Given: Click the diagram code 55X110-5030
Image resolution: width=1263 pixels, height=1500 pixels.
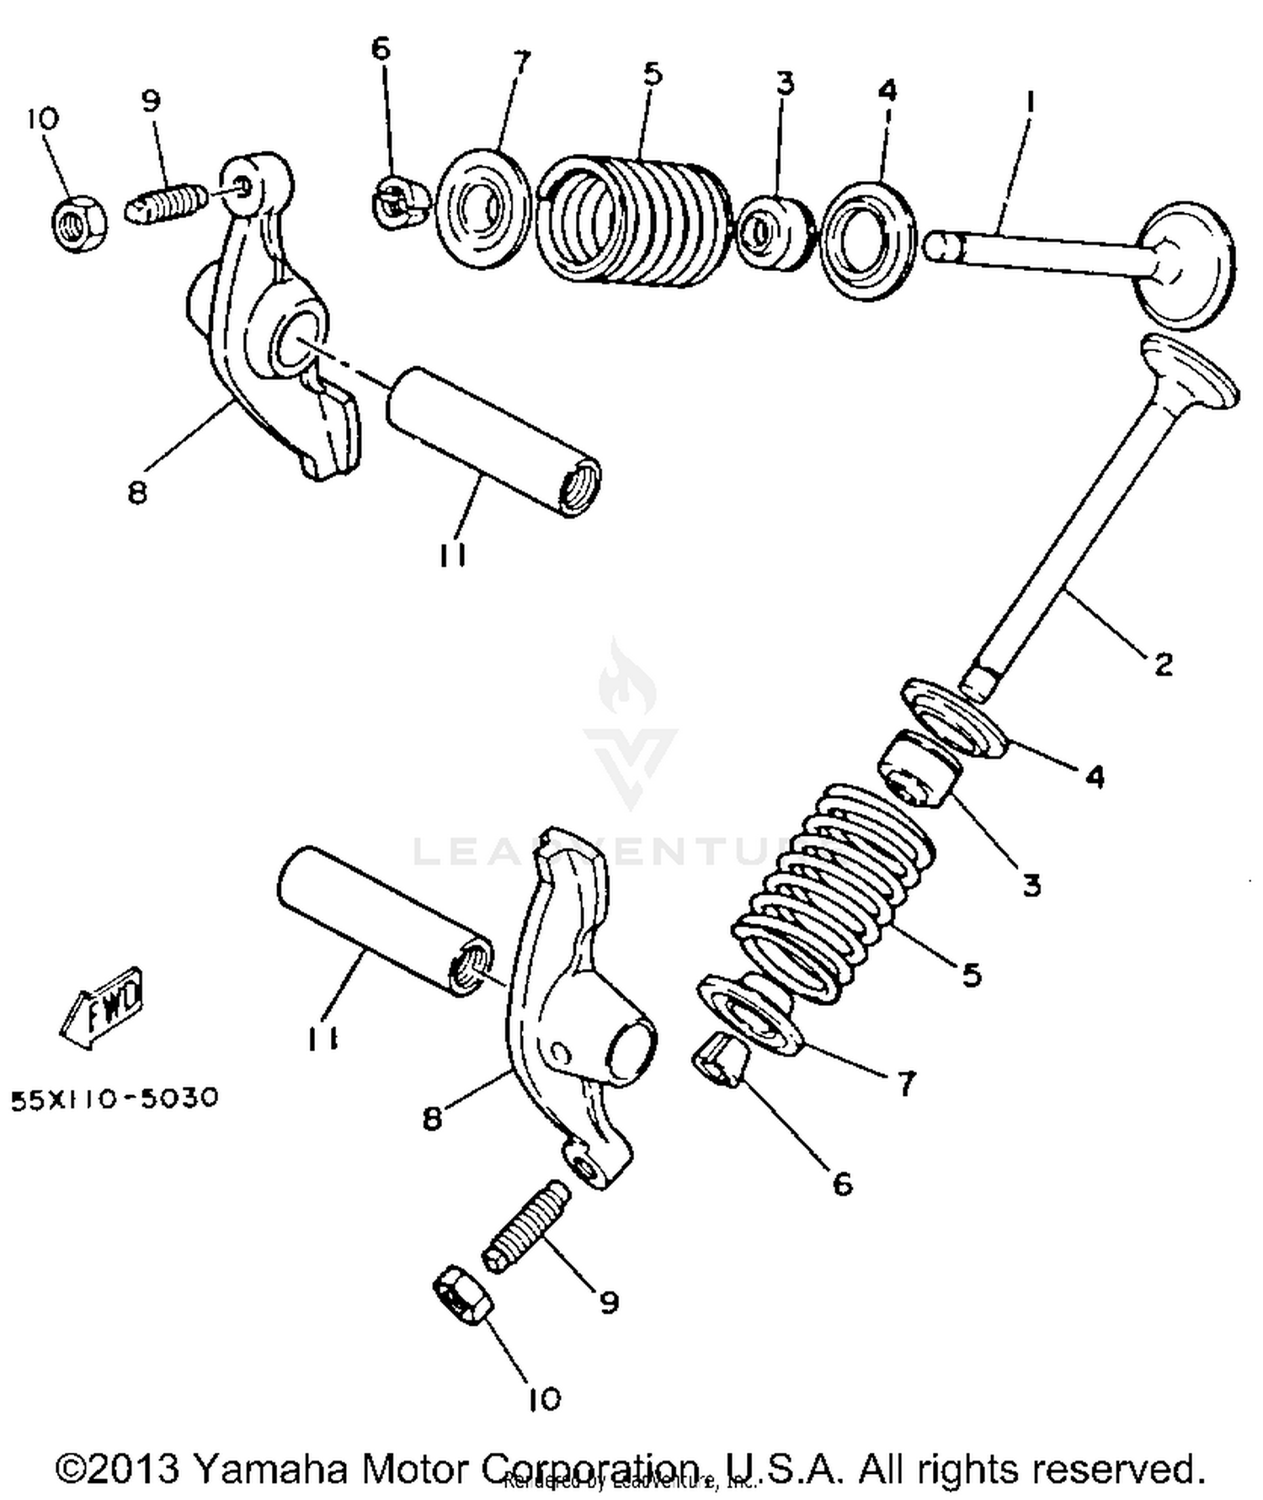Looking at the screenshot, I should [x=115, y=1098].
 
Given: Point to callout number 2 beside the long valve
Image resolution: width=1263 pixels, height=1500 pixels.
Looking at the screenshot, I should [x=1163, y=665].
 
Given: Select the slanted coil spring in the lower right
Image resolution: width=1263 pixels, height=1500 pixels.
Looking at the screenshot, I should [x=829, y=892].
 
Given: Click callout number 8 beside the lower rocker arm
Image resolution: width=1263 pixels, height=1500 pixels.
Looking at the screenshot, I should [x=431, y=1119].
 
